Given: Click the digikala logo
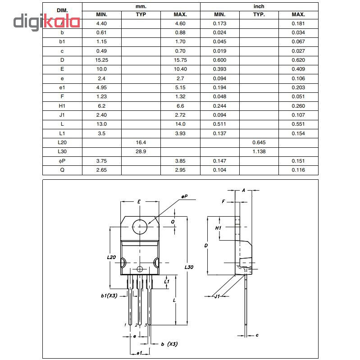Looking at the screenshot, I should click(x=46, y=22).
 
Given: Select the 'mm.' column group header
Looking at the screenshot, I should click(x=141, y=6).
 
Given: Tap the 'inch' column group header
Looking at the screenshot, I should click(x=259, y=6).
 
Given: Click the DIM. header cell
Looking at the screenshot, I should click(x=62, y=10).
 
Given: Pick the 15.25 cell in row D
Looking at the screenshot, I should click(x=102, y=60).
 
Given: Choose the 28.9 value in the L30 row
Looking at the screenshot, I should click(x=141, y=151).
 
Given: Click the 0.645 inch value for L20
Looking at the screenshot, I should click(x=259, y=142).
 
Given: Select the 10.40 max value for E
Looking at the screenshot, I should click(x=180, y=69).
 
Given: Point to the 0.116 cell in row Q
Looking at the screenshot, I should click(x=298, y=170).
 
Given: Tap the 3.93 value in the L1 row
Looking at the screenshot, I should click(x=180, y=133).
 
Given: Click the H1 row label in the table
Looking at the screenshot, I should click(x=62, y=106).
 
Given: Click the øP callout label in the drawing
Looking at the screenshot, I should click(x=184, y=197).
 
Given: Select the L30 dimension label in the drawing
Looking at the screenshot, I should click(x=189, y=267).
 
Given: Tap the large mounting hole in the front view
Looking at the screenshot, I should click(x=140, y=226).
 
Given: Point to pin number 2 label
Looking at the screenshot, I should click(x=136, y=324).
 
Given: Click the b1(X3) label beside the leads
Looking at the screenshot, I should click(x=109, y=296).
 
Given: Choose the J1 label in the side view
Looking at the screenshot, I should click(x=217, y=296).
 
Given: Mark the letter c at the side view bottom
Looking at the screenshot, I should click(x=256, y=335).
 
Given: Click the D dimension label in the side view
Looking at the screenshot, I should click(x=205, y=246).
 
